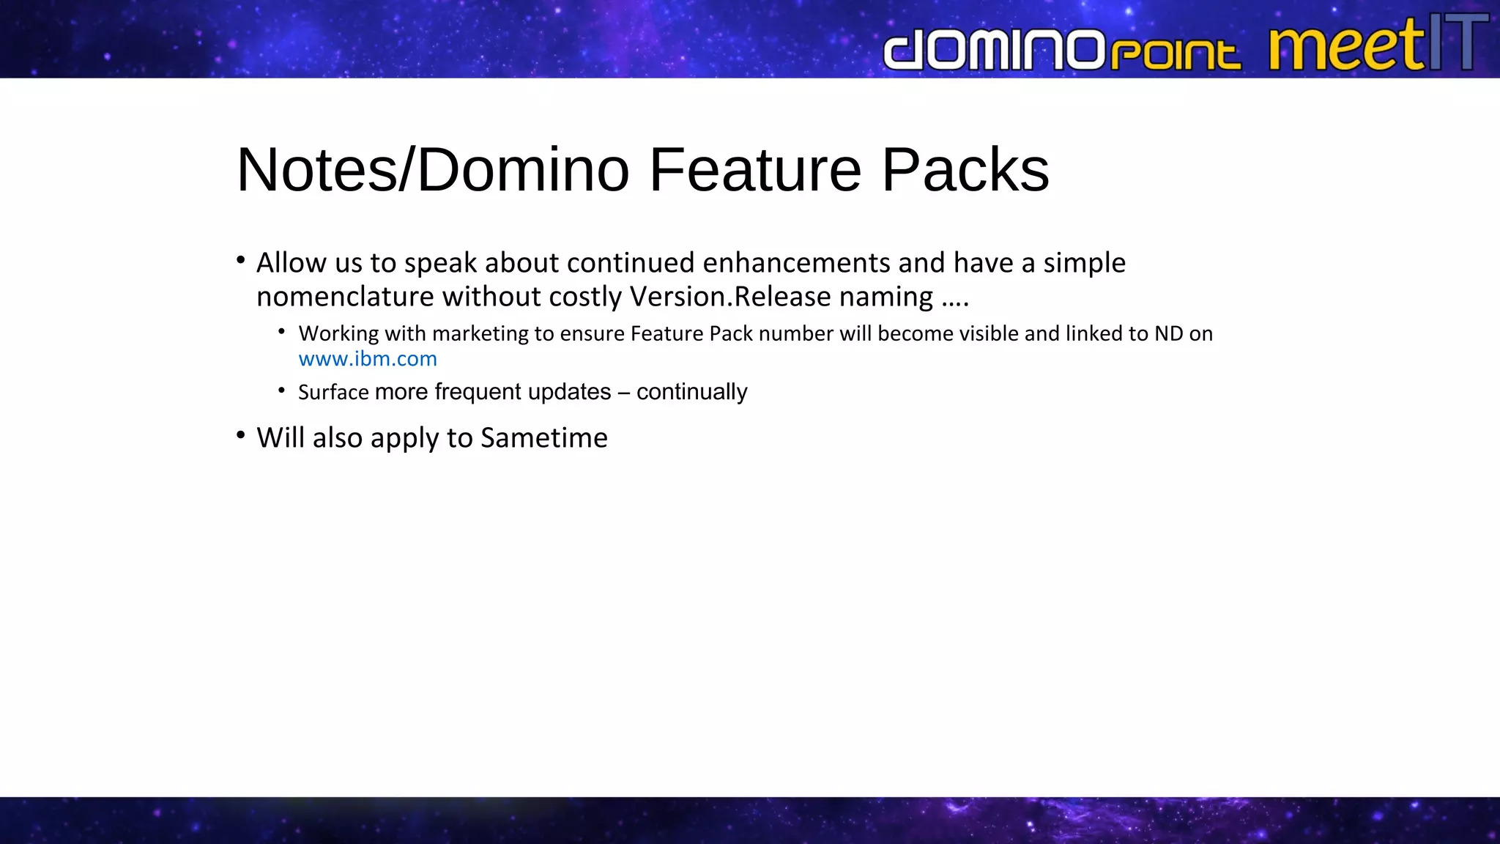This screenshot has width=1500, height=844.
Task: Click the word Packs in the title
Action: pos(965,170)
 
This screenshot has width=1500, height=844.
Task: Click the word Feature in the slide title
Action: pos(755,170)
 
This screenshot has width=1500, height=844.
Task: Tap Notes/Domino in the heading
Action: pos(433,170)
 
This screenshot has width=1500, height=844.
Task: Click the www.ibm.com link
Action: pos(368,359)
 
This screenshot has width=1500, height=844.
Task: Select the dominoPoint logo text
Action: pos(1062,50)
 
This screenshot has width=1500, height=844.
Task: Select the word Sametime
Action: pos(543,438)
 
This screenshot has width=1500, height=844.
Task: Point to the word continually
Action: pos(691,392)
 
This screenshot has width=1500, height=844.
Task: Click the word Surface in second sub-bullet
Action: pos(333,393)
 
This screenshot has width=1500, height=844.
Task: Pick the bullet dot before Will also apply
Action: pos(241,436)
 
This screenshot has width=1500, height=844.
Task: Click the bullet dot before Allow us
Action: pos(241,260)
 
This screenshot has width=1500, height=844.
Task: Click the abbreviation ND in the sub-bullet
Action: pos(1169,334)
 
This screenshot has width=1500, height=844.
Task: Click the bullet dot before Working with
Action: pos(281,332)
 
